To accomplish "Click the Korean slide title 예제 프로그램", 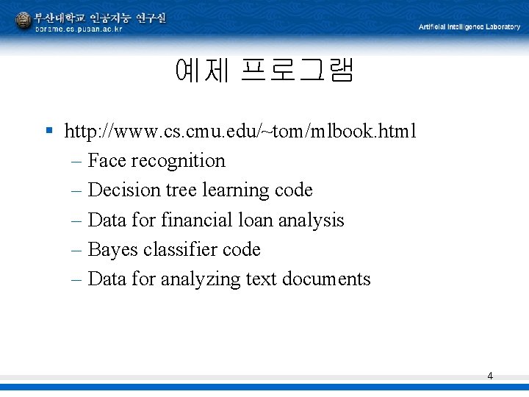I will coord(264,71).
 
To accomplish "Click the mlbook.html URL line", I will coord(240,132).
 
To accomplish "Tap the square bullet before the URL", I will coord(48,131).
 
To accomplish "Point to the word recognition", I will coord(179,161).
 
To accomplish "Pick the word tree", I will coord(181,190).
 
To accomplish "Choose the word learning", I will coord(234,190).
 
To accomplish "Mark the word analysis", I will coord(313,221).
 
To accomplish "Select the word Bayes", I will coord(113,250).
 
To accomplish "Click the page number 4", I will coord(490,376).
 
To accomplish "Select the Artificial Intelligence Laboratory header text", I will coord(469,27).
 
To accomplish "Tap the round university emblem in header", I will coord(24,21).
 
